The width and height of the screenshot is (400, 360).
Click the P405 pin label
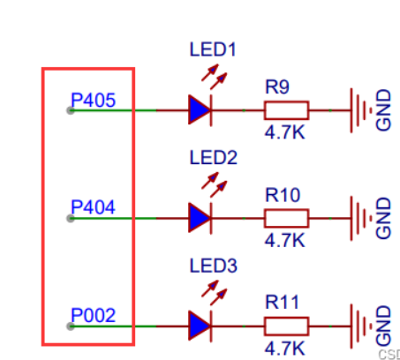click(x=94, y=100)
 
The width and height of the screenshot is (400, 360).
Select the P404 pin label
click(x=93, y=207)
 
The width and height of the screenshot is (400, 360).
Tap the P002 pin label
click(x=94, y=315)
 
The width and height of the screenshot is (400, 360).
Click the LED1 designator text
click(x=213, y=49)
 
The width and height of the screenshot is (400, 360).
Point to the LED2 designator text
click(x=214, y=158)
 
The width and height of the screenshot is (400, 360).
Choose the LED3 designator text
click(x=214, y=266)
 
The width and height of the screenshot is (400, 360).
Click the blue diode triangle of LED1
click(x=200, y=110)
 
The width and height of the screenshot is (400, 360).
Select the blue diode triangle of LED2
click(x=200, y=218)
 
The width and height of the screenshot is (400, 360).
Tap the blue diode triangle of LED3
click(x=200, y=326)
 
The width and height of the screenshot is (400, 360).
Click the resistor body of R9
click(x=286, y=110)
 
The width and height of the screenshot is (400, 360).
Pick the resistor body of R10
click(x=286, y=218)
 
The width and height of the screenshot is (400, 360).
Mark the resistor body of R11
click(x=286, y=326)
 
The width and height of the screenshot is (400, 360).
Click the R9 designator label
click(x=277, y=86)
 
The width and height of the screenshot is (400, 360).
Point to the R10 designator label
click(x=283, y=195)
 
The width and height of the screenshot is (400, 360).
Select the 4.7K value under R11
click(x=284, y=349)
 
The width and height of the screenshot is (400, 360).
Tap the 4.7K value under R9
click(x=284, y=132)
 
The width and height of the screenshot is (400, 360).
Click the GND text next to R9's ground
click(x=383, y=110)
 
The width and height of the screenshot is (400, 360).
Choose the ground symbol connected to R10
click(x=361, y=218)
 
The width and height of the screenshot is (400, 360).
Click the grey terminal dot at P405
click(x=71, y=110)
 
